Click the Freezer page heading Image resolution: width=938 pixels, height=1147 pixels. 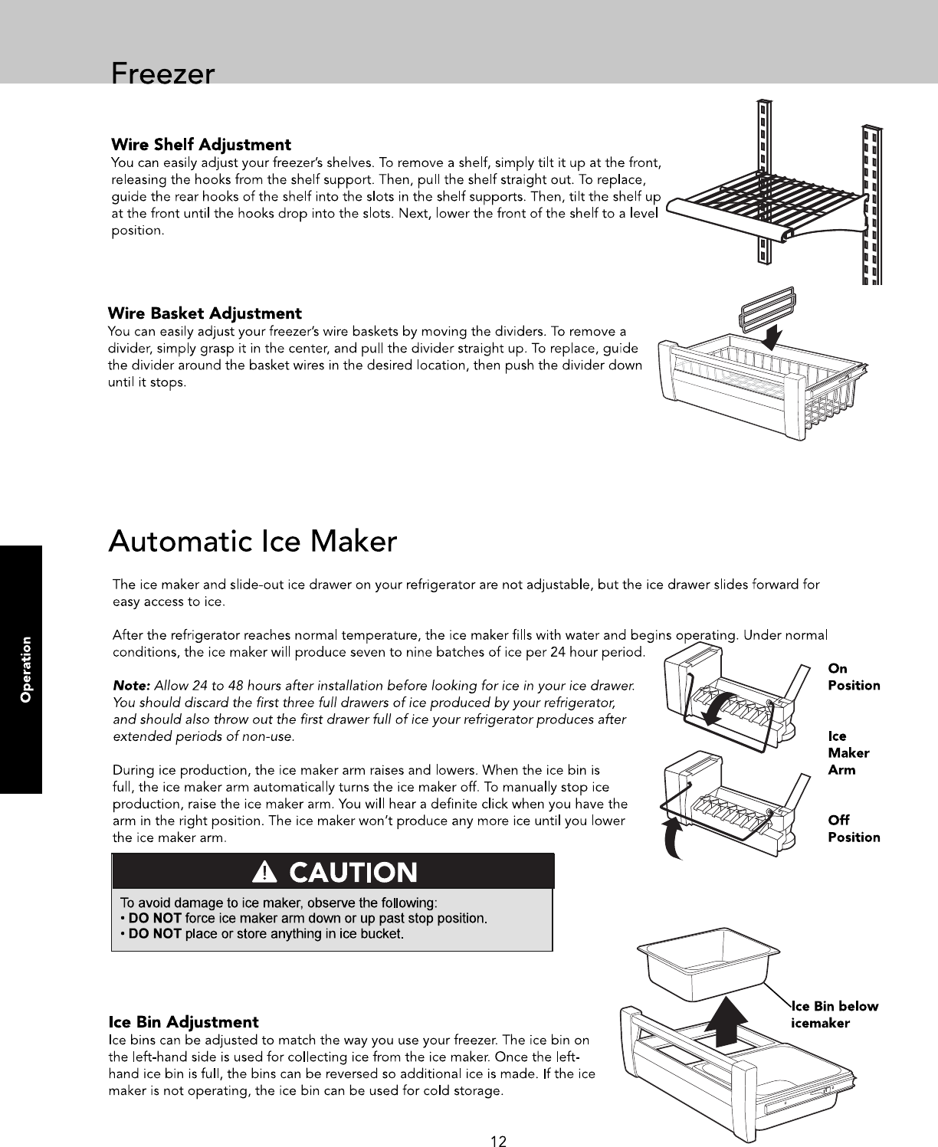coord(162,74)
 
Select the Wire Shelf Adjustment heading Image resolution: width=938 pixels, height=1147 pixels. coord(201,145)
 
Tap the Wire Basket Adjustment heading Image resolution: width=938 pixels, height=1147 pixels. coord(205,313)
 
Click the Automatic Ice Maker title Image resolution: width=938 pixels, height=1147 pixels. coord(253,541)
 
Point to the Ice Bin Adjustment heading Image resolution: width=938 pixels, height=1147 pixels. coord(183,1022)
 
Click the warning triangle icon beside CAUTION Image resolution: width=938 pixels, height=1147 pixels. coord(265,872)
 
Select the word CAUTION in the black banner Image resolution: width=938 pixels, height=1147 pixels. coord(353,873)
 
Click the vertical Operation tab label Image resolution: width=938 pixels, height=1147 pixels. coord(25,669)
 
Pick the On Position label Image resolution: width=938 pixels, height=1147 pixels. coord(854,677)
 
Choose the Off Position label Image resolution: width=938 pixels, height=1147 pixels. coord(854,828)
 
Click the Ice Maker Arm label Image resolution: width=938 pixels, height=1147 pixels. coord(848,752)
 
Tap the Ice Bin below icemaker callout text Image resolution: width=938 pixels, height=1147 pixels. coord(835,1015)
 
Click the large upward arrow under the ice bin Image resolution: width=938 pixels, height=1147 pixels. coord(725,1021)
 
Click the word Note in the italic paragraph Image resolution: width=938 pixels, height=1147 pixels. coord(131,685)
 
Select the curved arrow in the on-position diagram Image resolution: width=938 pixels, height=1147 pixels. coord(717,708)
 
